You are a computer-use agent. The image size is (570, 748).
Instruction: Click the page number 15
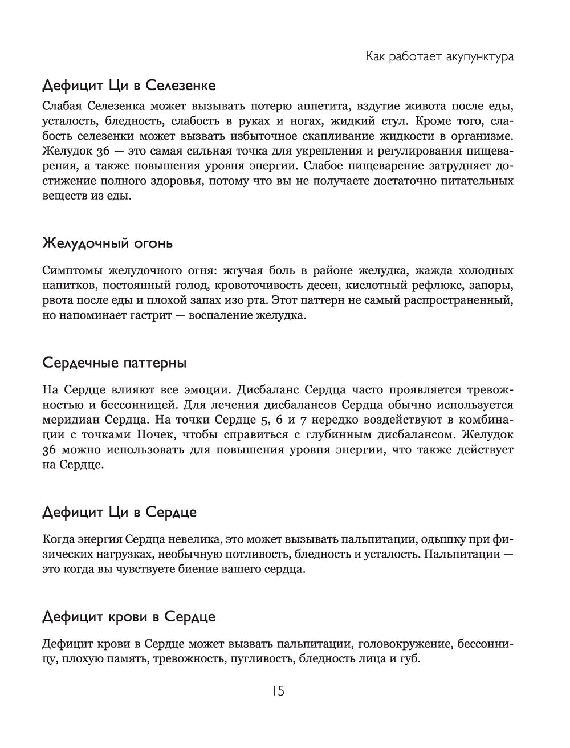coord(278,691)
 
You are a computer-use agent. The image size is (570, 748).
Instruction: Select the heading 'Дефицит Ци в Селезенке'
coord(129,86)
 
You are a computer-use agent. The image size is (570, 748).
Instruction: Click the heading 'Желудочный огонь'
coord(107,243)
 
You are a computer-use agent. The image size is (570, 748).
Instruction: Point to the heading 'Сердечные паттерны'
coord(114,363)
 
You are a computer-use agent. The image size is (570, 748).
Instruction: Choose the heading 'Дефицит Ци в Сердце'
coord(120,512)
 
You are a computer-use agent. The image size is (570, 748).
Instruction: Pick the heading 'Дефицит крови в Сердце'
coord(129,617)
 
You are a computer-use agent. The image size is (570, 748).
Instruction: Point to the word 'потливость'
coord(263,554)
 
